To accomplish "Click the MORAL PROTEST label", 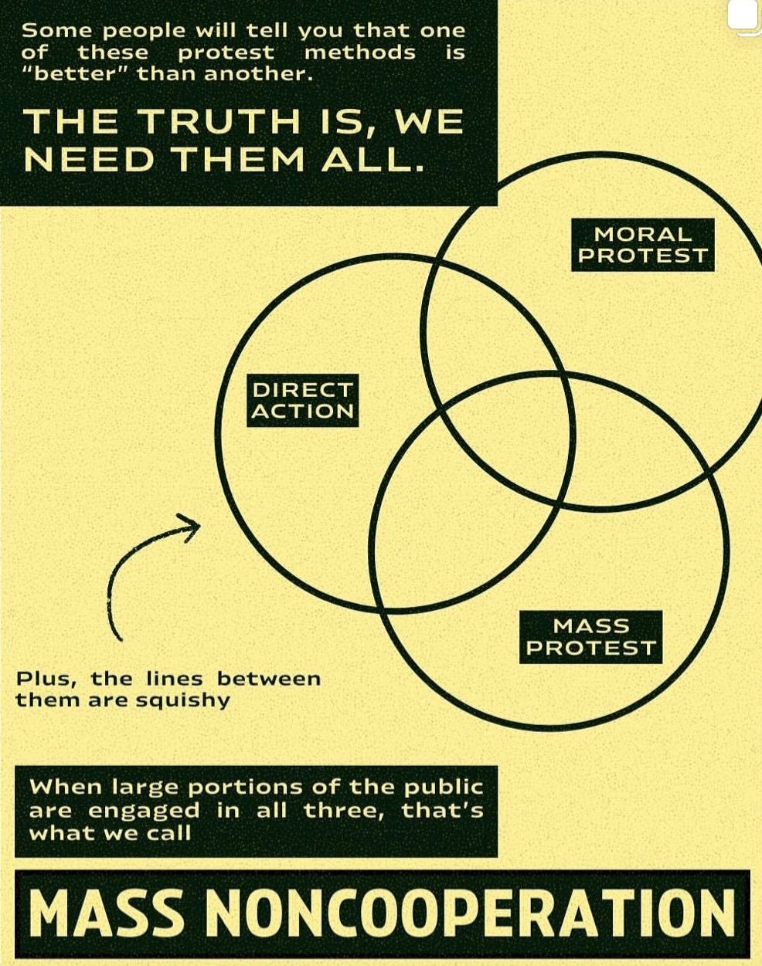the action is coord(643,245).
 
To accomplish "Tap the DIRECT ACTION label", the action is coord(302,400).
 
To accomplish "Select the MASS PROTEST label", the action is coord(590,637).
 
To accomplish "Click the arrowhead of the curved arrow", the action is coord(190,526).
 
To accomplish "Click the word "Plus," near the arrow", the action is coord(46,680).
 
